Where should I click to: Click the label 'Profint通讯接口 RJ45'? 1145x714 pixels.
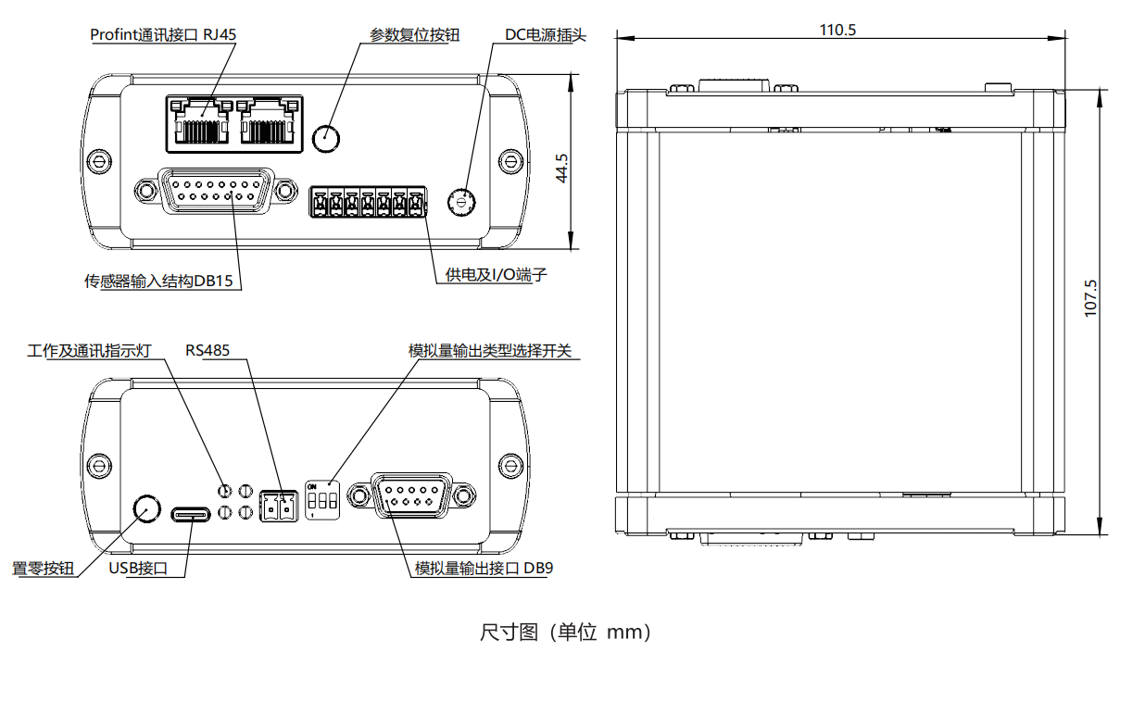click(163, 35)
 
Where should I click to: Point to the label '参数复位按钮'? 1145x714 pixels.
click(414, 35)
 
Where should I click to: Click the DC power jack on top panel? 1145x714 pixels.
click(461, 201)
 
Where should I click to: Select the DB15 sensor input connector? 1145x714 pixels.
click(216, 191)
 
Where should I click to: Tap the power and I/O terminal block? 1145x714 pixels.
click(368, 202)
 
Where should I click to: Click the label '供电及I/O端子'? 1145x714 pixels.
click(489, 275)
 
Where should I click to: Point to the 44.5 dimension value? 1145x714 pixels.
click(562, 170)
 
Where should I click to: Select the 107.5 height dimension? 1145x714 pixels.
click(1090, 299)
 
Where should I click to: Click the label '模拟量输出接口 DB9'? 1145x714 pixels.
click(483, 568)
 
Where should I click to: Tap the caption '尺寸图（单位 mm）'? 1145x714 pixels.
click(566, 633)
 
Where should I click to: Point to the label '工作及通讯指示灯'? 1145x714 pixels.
click(89, 351)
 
